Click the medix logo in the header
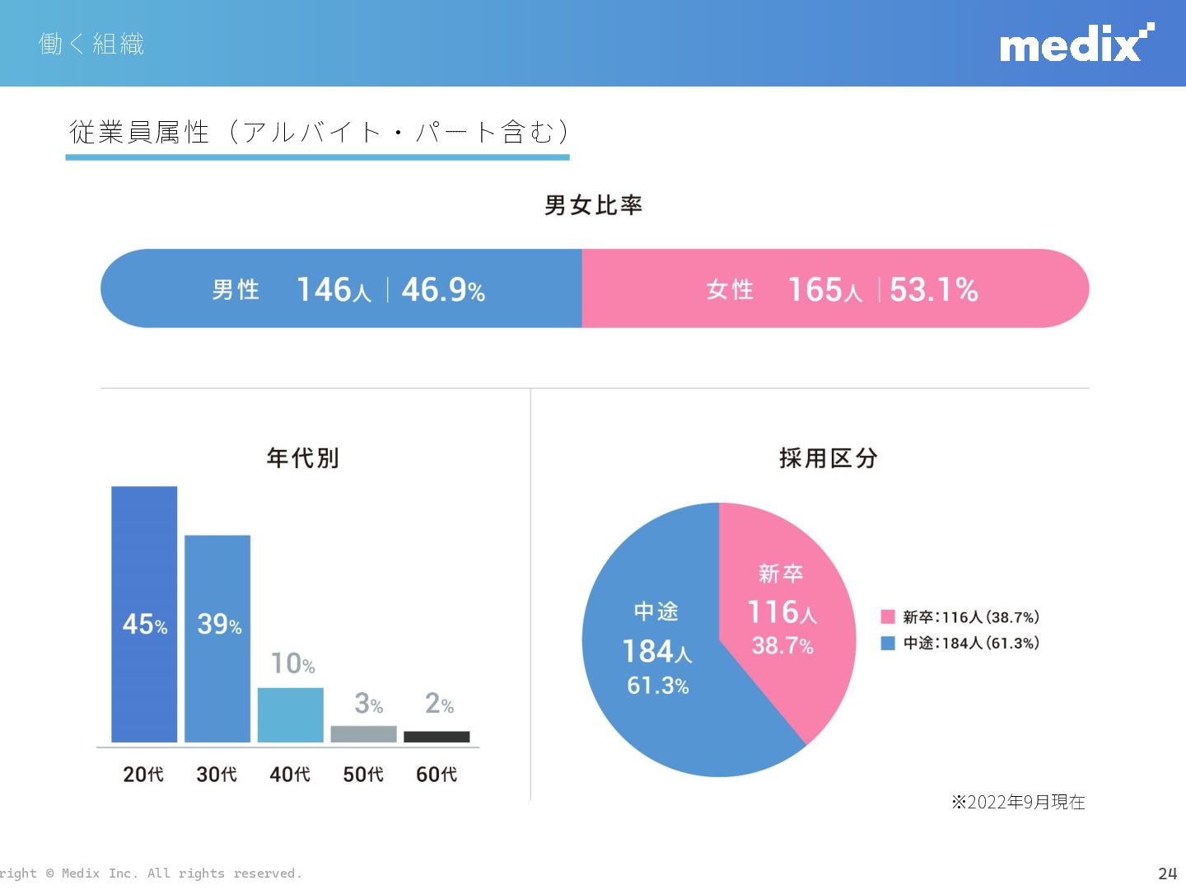(1076, 44)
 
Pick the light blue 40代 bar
(290, 714)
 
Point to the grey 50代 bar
(363, 733)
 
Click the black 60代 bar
(437, 737)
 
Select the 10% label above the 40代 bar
(293, 663)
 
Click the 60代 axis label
(437, 775)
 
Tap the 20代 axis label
(143, 775)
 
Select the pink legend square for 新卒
(888, 617)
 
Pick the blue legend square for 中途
(888, 644)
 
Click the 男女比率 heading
(593, 205)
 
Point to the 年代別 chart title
(303, 458)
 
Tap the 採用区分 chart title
(829, 458)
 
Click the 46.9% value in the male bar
(443, 290)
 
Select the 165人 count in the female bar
(824, 290)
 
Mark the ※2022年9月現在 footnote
(1018, 802)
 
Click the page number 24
(1167, 874)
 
